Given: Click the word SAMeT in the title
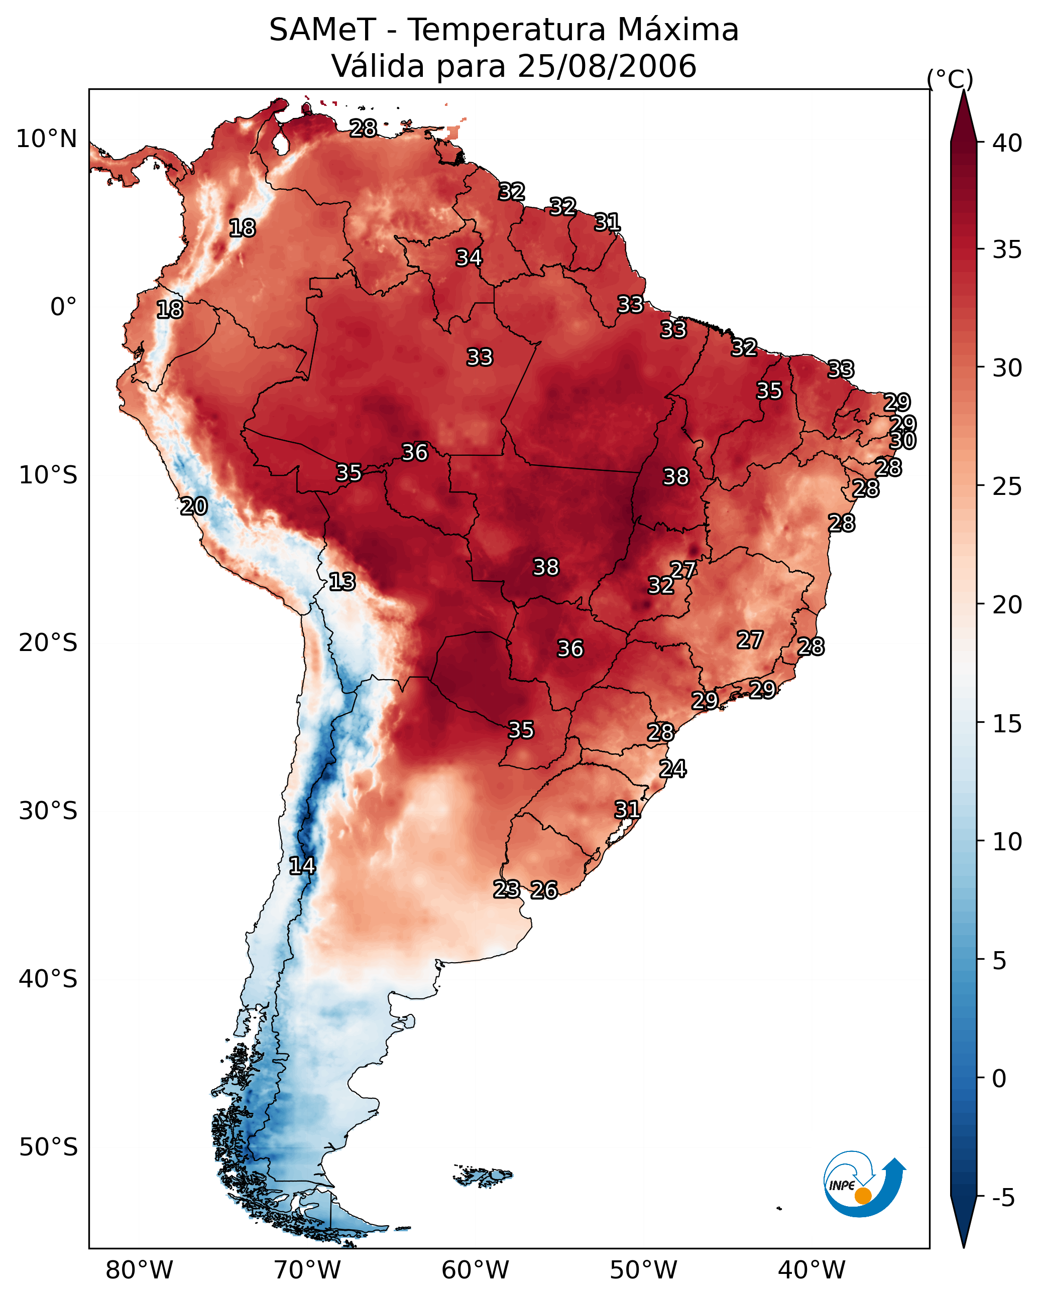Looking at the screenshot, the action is tap(322, 30).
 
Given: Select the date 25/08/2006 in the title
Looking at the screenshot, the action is tap(607, 66).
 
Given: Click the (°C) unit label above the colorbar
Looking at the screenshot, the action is tap(950, 79).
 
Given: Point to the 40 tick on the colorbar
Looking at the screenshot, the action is tap(1007, 143).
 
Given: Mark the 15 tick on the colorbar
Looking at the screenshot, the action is tap(1007, 724).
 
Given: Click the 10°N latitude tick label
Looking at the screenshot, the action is tap(46, 139).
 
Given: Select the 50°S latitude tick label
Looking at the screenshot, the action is tap(48, 1147).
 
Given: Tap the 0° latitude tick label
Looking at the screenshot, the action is tap(64, 307).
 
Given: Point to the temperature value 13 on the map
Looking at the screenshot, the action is tap(342, 582).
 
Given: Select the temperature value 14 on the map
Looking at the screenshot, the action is tap(302, 866).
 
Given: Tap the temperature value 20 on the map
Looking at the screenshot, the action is tap(194, 506).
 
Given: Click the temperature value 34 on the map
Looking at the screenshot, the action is tap(469, 257).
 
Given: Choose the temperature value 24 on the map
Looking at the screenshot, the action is tap(672, 769).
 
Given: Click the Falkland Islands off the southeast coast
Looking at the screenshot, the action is tap(483, 1175).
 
